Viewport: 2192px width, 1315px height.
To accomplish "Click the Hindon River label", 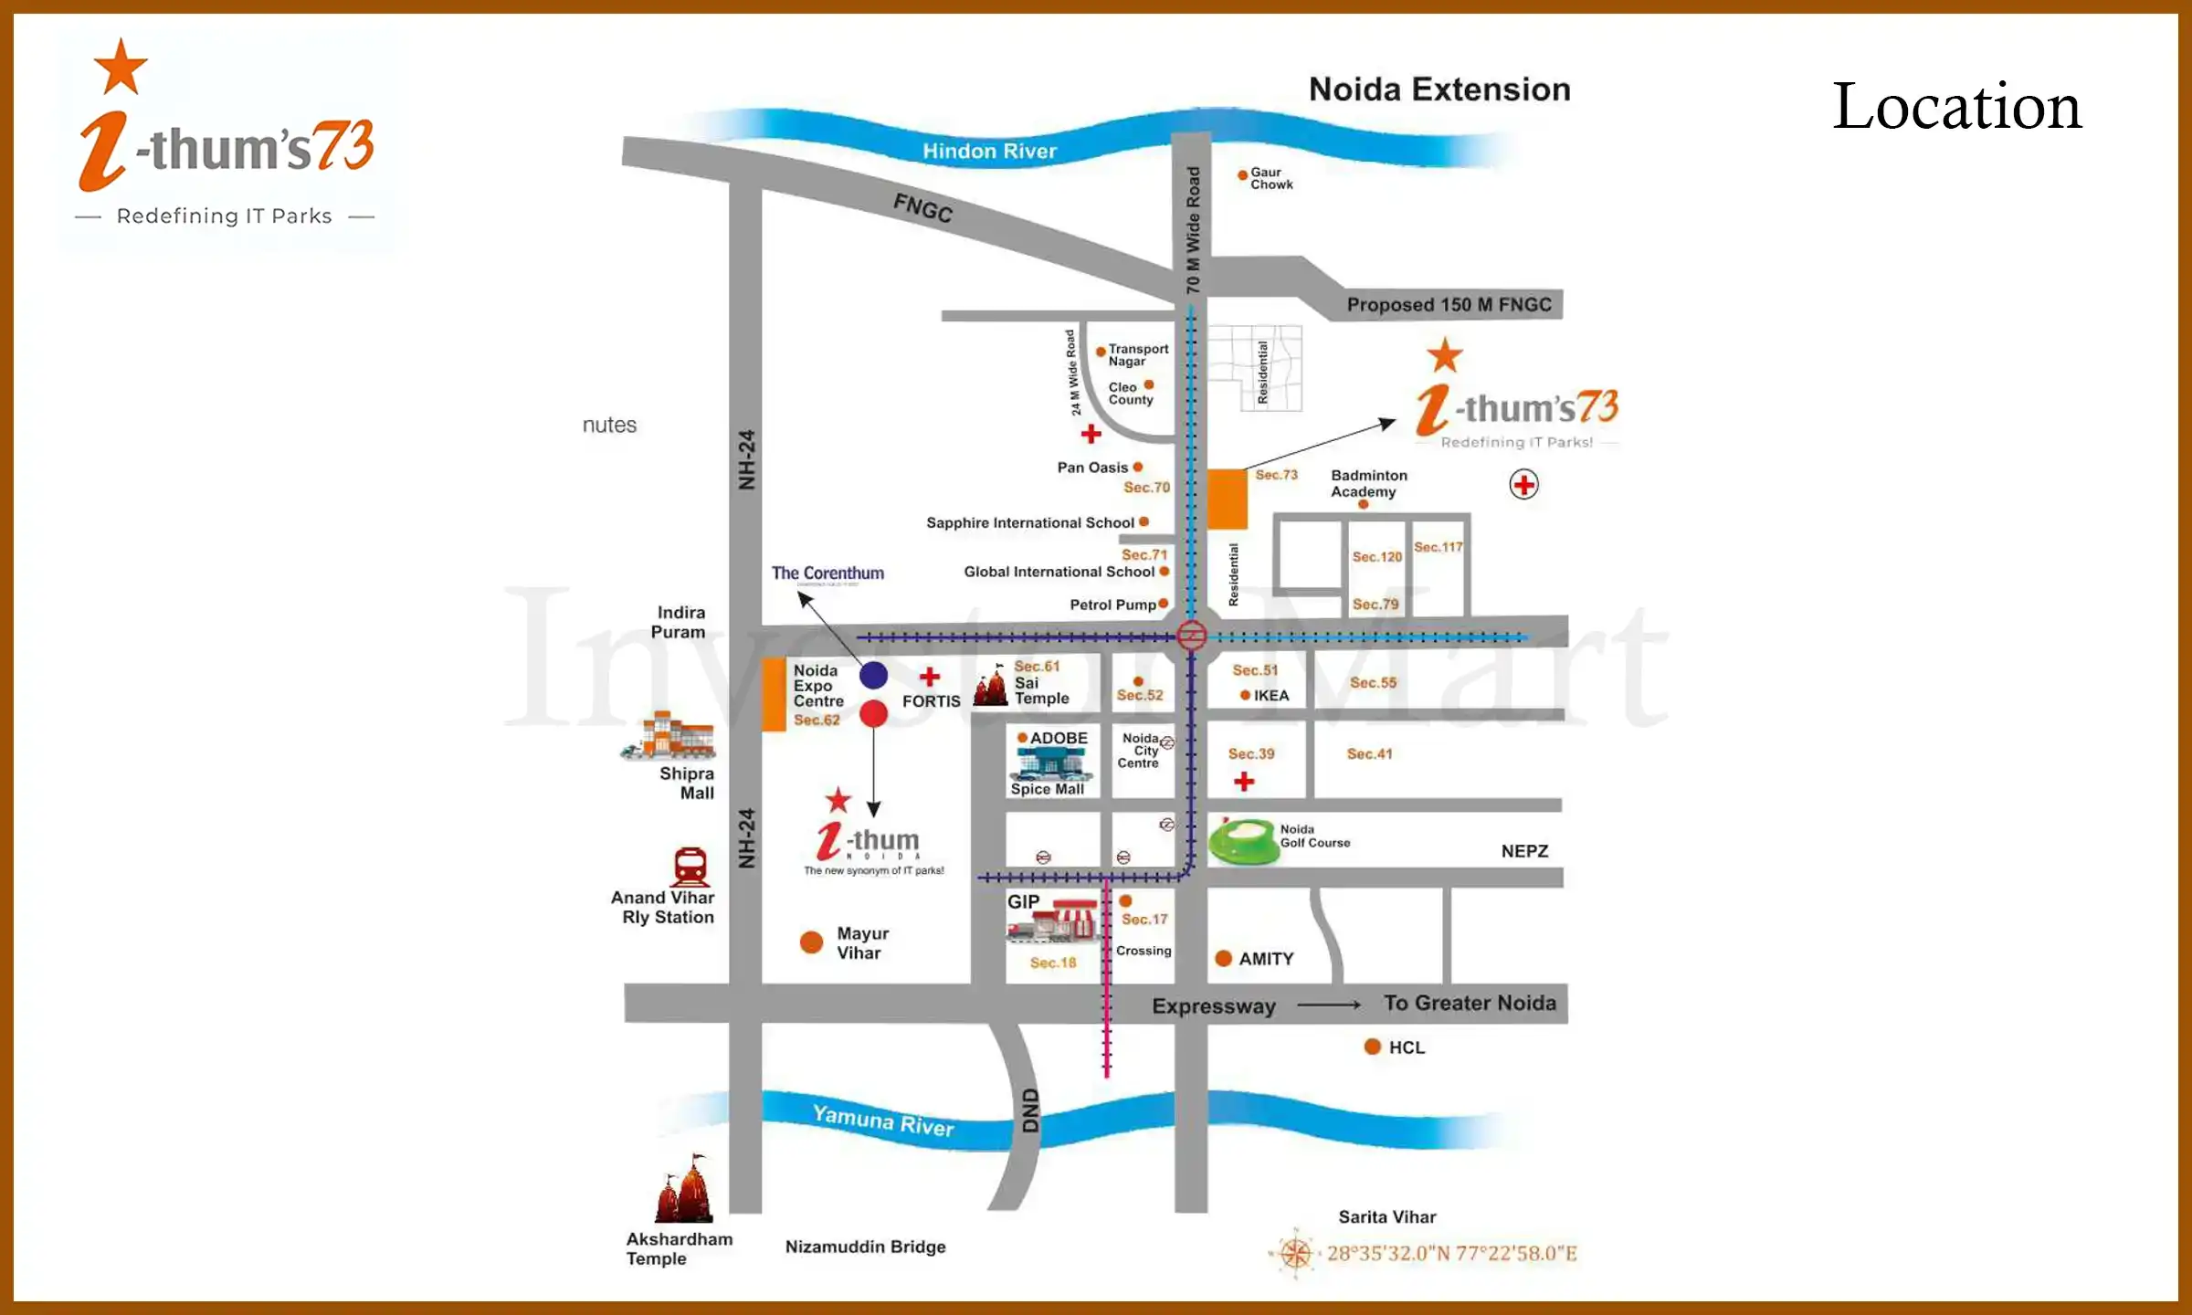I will tap(989, 151).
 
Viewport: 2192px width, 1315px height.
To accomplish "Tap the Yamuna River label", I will tap(882, 1120).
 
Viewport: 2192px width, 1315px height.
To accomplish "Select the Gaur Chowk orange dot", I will tap(1242, 174).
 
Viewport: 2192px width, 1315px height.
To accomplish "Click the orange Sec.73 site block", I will tap(1227, 499).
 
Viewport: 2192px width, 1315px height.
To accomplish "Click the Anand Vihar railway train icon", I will tap(690, 867).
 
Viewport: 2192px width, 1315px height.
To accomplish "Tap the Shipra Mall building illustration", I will tap(670, 736).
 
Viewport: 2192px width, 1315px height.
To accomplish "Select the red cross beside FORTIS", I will tap(930, 677).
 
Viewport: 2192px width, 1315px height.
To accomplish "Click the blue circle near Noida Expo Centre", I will tap(873, 675).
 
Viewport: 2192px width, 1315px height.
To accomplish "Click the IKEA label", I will tap(1270, 696).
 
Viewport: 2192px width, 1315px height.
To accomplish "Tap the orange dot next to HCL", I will tap(1372, 1047).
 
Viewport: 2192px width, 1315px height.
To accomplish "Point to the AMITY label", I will tap(1266, 959).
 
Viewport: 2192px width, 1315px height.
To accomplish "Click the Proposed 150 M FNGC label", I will tap(1449, 305).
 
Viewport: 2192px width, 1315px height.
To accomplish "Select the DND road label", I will tap(1030, 1110).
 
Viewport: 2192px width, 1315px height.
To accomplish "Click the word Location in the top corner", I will tap(1956, 107).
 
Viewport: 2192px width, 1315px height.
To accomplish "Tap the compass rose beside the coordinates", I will tap(1295, 1253).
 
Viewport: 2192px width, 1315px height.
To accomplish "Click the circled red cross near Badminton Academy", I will tap(1523, 484).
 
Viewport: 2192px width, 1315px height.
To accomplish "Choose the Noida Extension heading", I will tap(1439, 89).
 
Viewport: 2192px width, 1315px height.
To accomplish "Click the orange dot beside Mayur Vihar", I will tap(811, 942).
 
